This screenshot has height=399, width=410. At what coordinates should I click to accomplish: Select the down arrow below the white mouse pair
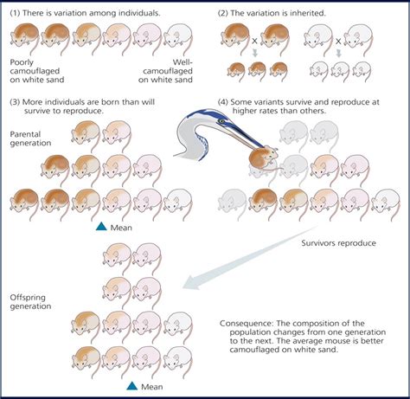coord(336,53)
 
